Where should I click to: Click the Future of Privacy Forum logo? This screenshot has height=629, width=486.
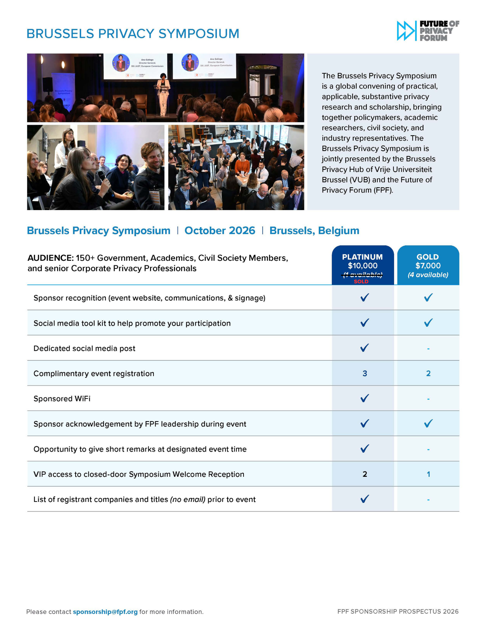tap(427, 31)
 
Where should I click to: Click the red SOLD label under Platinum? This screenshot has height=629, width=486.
tap(361, 281)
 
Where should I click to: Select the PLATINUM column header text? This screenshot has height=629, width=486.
tap(362, 257)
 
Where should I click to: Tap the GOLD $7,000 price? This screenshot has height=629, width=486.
tap(428, 266)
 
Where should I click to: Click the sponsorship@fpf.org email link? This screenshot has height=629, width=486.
tap(105, 612)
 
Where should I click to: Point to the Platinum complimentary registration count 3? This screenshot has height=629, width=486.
tap(365, 373)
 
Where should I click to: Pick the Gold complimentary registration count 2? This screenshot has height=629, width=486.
tap(428, 373)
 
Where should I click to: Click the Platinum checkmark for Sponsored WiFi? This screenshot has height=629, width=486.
tap(365, 398)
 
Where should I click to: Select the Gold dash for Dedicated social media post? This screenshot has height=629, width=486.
tap(428, 348)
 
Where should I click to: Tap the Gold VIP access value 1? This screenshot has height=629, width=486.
tap(428, 474)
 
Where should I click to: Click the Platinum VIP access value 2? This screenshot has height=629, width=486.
tap(365, 474)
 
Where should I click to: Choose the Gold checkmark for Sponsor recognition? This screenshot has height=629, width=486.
tap(428, 298)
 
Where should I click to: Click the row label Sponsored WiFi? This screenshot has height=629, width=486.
tap(62, 399)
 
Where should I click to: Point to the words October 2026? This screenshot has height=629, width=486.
tap(220, 231)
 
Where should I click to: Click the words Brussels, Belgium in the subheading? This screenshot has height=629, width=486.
tap(314, 231)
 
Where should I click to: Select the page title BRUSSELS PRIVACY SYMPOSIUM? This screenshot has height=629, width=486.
tap(133, 34)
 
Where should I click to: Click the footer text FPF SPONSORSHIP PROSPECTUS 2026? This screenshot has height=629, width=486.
tap(398, 611)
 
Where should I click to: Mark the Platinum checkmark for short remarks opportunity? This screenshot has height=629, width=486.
tap(365, 448)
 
